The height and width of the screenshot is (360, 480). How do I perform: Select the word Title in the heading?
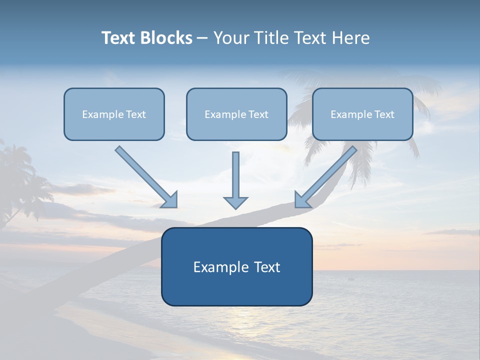point(273,38)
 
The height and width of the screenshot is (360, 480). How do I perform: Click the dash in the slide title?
point(202,38)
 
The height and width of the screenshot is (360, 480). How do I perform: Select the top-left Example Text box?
point(114,114)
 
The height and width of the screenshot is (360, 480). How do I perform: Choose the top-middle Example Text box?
point(236,114)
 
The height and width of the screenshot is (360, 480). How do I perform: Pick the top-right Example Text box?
point(362,114)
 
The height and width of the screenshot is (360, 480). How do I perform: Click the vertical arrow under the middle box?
point(235,177)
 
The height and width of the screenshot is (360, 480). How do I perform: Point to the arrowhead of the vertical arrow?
point(235,202)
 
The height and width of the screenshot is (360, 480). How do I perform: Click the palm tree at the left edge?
point(17,180)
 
